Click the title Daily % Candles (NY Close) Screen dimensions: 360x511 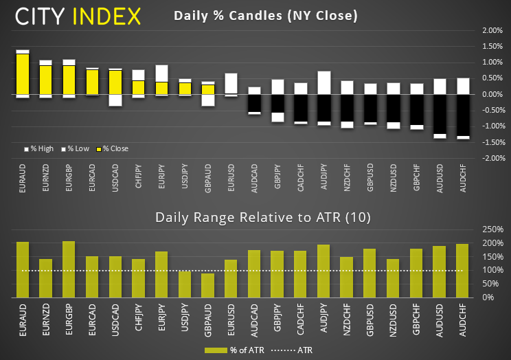pyautogui.click(x=265, y=15)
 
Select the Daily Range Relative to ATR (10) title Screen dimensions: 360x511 pyautogui.click(x=263, y=218)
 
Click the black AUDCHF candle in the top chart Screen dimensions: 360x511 pyautogui.click(x=463, y=115)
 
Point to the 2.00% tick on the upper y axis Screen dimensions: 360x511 pyautogui.click(x=493, y=30)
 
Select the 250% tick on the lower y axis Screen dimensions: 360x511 pyautogui.click(x=493, y=229)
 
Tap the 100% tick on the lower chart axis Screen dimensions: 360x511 pyautogui.click(x=493, y=270)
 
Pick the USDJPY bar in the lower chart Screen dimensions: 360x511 pyautogui.click(x=185, y=284)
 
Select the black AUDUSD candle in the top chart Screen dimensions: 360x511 pyautogui.click(x=440, y=114)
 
